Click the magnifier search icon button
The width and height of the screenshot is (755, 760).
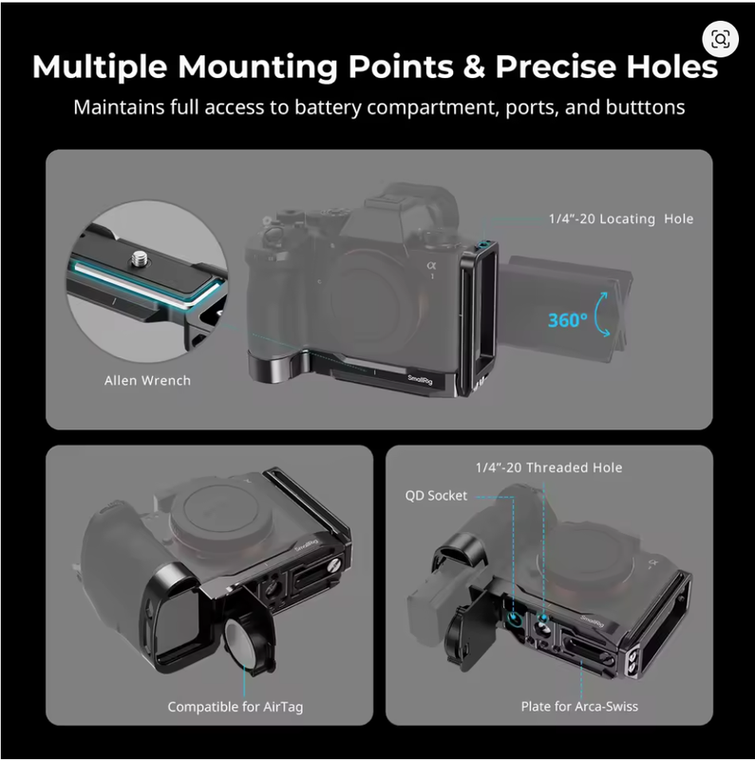[x=720, y=39]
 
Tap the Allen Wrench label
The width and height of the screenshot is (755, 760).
[x=147, y=381]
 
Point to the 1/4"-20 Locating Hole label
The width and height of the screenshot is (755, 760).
[x=621, y=219]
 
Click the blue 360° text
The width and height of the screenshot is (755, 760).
[x=568, y=320]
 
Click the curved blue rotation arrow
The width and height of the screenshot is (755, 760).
[x=602, y=314]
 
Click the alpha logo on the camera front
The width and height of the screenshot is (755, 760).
[x=431, y=266]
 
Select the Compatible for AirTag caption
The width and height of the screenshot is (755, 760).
[x=235, y=707]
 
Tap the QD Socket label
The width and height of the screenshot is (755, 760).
[x=436, y=496]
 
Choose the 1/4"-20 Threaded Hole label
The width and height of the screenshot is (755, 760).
[x=549, y=467]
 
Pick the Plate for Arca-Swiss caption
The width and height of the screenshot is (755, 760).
[x=579, y=707]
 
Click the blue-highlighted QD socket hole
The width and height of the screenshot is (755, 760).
[x=514, y=618]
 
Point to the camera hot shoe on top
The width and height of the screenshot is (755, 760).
[x=383, y=203]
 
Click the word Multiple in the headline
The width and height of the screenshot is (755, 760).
[x=100, y=66]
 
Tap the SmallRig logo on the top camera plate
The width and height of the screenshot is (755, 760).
[x=420, y=380]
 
